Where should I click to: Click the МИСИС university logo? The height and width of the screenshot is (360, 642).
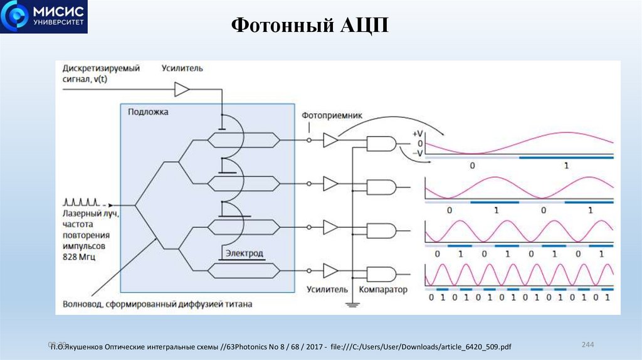(x=45, y=17)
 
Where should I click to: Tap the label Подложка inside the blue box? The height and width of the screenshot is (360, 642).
(x=148, y=111)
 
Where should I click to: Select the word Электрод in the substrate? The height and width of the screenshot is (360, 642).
(x=243, y=253)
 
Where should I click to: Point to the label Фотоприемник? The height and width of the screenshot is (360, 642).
(x=332, y=116)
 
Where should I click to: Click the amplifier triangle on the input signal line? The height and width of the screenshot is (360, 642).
(x=181, y=90)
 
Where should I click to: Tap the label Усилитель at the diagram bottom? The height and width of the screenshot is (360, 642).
(x=327, y=290)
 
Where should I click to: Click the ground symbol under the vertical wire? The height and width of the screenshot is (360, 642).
(x=352, y=304)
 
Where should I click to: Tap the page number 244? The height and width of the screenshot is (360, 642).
(x=587, y=345)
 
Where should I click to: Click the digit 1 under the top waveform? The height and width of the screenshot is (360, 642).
(x=566, y=166)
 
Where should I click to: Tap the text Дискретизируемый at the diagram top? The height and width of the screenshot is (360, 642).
(x=100, y=67)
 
